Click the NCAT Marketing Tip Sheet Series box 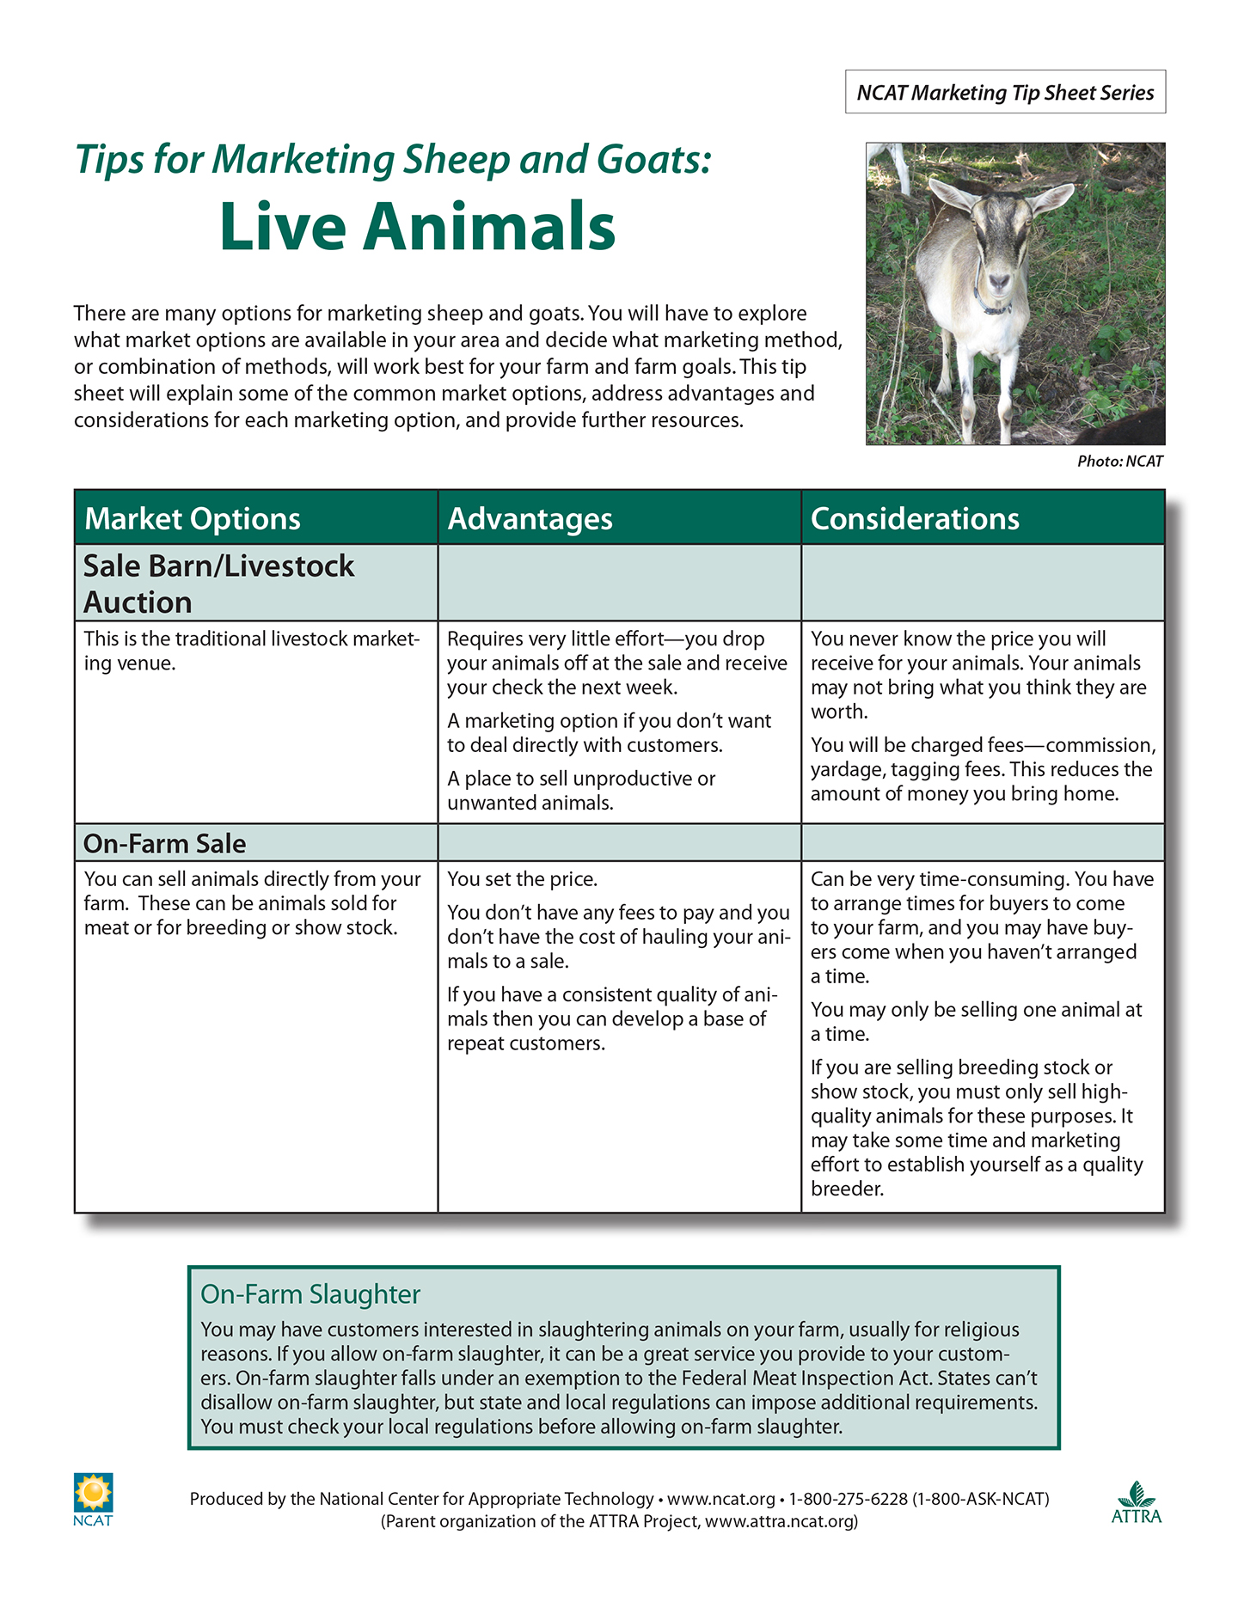coord(1004,92)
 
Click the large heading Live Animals coord(417,227)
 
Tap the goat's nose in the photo coord(999,280)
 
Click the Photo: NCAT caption coord(1119,462)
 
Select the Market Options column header coord(193,519)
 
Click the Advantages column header coord(530,519)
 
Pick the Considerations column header coord(915,519)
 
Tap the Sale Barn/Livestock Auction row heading coord(218,584)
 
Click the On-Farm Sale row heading coord(164,844)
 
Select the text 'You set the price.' coord(522,879)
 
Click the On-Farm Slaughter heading coord(309,1294)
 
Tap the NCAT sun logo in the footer coord(93,1494)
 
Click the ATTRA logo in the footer coord(1136,1502)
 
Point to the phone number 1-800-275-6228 coord(848,1499)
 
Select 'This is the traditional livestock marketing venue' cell coord(251,651)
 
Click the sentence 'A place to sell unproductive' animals coord(581,791)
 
